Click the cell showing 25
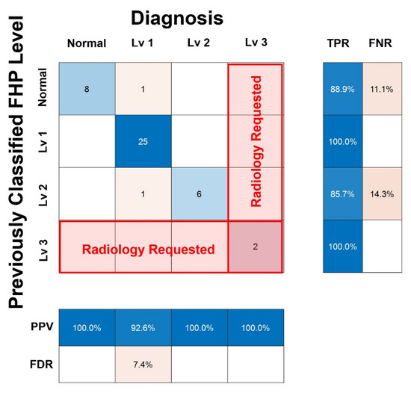(143, 141)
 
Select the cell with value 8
(87, 89)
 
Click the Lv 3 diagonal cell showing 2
(254, 247)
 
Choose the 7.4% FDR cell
(143, 366)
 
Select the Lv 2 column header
(199, 43)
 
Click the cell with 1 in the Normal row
(143, 89)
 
